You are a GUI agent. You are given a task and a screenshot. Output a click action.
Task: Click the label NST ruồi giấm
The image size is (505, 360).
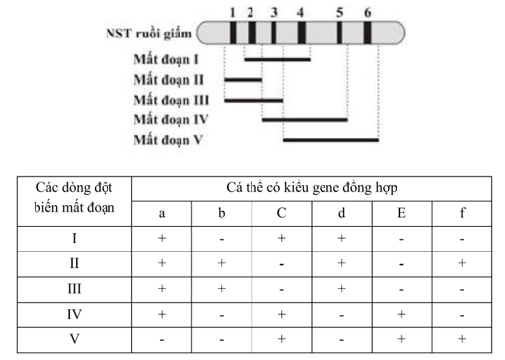pyautogui.click(x=147, y=34)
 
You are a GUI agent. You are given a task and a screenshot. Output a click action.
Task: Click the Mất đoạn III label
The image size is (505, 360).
pyautogui.click(x=174, y=99)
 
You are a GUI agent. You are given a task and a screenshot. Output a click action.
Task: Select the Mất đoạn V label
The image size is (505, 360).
pyautogui.click(x=170, y=139)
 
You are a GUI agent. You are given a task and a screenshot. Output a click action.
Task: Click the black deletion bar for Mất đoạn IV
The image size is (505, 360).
pyautogui.click(x=305, y=120)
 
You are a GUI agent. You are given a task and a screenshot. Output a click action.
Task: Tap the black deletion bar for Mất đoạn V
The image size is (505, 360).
pyautogui.click(x=330, y=140)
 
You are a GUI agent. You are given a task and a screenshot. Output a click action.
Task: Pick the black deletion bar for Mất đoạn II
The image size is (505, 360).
pyautogui.click(x=252, y=79)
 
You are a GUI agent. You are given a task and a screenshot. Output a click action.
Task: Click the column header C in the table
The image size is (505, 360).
pyautogui.click(x=281, y=211)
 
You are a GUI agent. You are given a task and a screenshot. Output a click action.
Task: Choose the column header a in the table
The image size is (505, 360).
pyautogui.click(x=162, y=211)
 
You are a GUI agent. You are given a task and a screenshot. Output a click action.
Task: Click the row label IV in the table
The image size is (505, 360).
pyautogui.click(x=74, y=315)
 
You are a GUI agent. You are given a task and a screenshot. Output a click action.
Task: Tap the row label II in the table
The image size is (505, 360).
pyautogui.click(x=74, y=263)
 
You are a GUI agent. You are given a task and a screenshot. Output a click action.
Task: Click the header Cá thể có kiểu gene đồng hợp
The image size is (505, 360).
pyautogui.click(x=312, y=186)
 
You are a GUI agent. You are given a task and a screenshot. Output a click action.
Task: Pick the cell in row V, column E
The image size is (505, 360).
pyautogui.click(x=401, y=340)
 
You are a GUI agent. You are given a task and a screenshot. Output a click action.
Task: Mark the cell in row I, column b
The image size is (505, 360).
pyautogui.click(x=222, y=239)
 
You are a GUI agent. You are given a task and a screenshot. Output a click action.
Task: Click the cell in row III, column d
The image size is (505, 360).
pyautogui.click(x=341, y=289)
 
